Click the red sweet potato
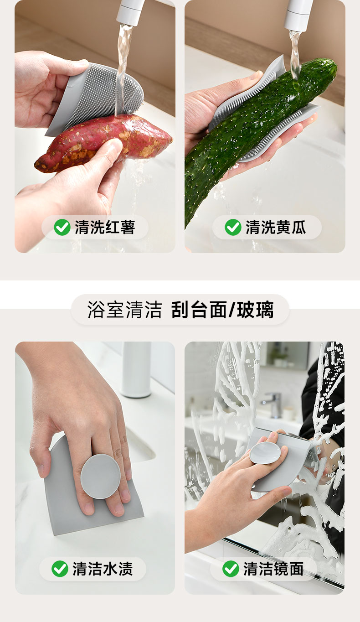point(103,142)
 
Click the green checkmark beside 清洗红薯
point(62,227)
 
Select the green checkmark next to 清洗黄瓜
point(233,227)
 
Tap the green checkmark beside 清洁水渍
point(60,569)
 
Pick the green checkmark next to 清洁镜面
point(231,569)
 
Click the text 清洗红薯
point(105,228)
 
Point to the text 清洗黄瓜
point(276,228)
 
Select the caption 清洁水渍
point(103,569)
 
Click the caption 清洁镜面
point(273,569)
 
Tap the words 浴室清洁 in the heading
point(124,309)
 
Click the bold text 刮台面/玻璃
point(222,309)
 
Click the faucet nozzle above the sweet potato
point(130,12)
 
